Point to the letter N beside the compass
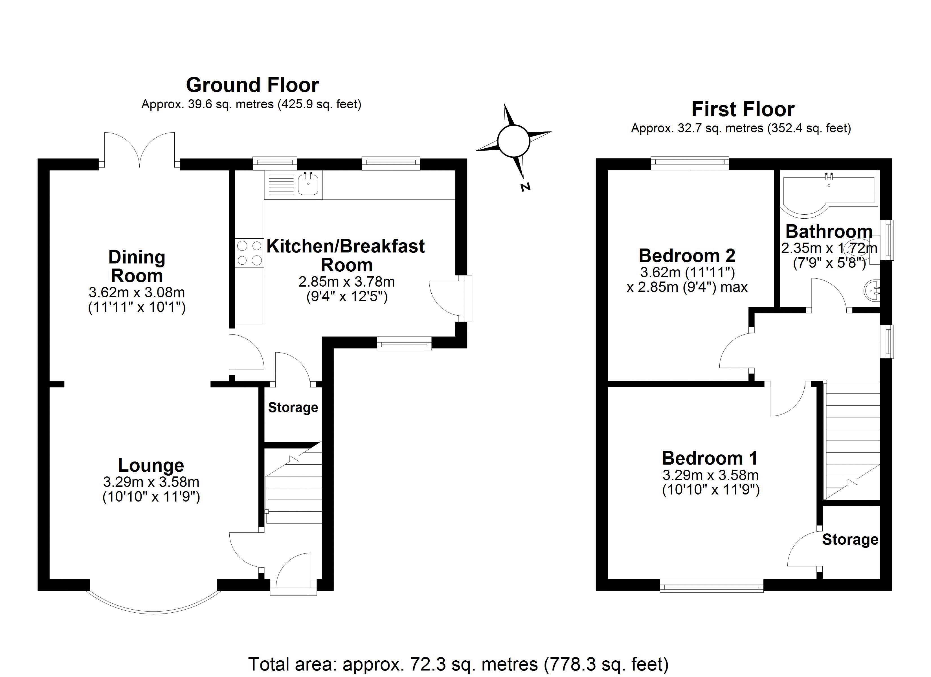coord(525,187)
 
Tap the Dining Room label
coord(137,266)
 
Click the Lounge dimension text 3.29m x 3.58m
coord(151,482)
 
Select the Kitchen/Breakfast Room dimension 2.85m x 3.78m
coord(346,282)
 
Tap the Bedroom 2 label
coord(687,256)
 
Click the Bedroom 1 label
coord(710,458)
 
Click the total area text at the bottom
coord(458,664)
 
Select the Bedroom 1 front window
coord(712,586)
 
